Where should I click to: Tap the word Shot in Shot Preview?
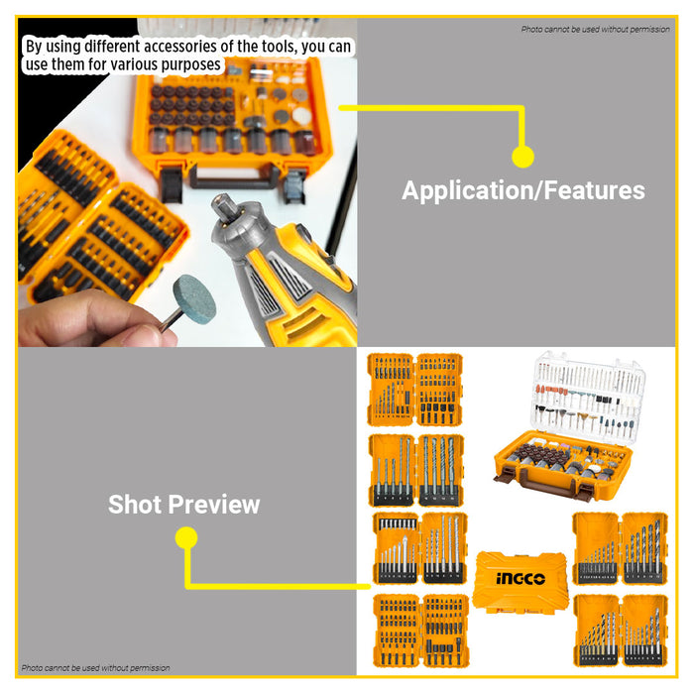[136, 505]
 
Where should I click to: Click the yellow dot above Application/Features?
[522, 156]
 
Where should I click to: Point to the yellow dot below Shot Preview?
[186, 538]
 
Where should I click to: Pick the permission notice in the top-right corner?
[595, 29]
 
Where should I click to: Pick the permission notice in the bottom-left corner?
[95, 668]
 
